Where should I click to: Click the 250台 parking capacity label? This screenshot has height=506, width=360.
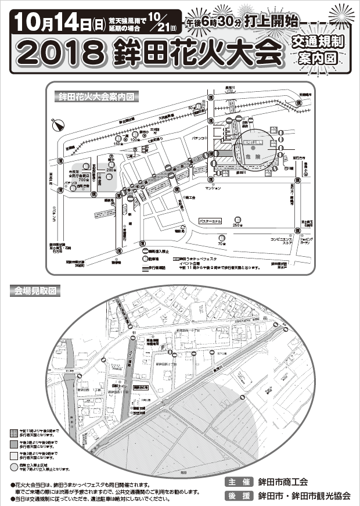[x=236, y=225]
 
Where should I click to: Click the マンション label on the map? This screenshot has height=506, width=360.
[x=213, y=189]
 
